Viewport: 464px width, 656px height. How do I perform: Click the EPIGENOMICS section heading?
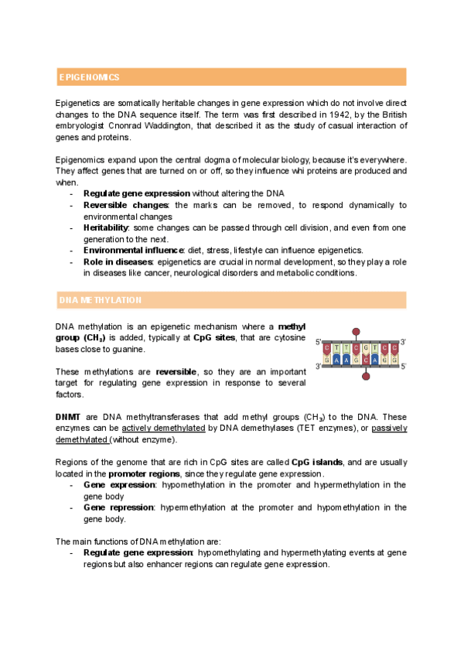[90, 77]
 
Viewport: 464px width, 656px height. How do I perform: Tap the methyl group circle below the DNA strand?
[366, 376]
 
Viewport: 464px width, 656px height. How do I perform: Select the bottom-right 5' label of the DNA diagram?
[404, 366]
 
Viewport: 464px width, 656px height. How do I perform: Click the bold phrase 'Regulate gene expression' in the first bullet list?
[137, 193]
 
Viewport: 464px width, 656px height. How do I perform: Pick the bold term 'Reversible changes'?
[125, 205]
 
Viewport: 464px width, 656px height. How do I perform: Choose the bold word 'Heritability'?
[106, 227]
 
